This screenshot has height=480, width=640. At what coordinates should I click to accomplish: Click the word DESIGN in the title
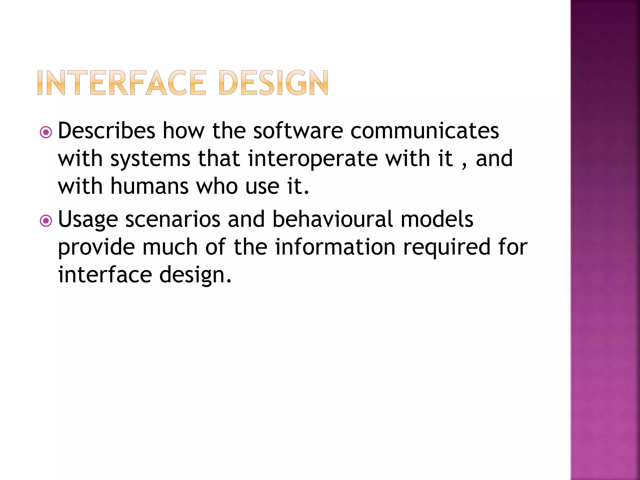(274, 83)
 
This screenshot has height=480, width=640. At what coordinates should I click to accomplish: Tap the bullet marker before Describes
(46, 132)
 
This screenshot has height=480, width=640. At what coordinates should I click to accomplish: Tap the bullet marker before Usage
(46, 221)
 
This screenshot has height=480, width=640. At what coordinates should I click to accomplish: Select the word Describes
(107, 131)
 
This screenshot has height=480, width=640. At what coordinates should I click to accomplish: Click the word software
(298, 131)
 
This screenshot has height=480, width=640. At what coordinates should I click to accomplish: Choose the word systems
(150, 159)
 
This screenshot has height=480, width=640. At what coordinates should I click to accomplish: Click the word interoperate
(313, 159)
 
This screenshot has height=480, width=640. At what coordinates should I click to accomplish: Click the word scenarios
(173, 219)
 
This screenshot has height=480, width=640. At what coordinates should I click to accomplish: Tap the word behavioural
(332, 219)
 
